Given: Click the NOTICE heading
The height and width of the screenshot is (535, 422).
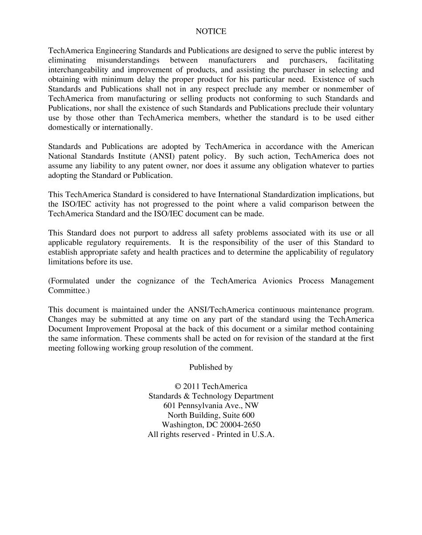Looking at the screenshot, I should pos(211,31).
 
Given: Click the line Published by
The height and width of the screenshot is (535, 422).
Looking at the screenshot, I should pos(211,367).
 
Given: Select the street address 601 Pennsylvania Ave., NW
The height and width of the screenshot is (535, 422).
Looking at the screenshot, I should pos(211,406).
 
